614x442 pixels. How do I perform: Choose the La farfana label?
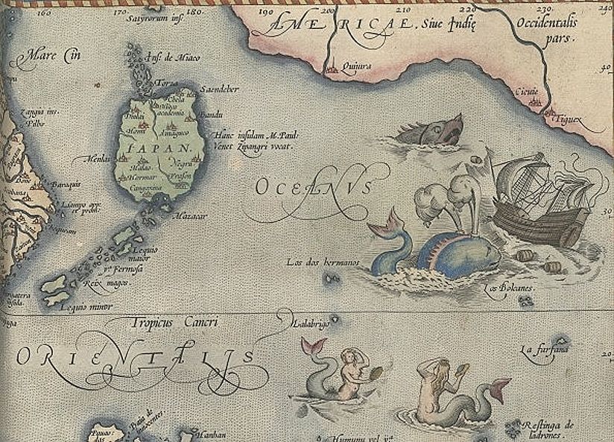[x=545, y=349]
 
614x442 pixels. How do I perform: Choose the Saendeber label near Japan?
[x=219, y=89]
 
